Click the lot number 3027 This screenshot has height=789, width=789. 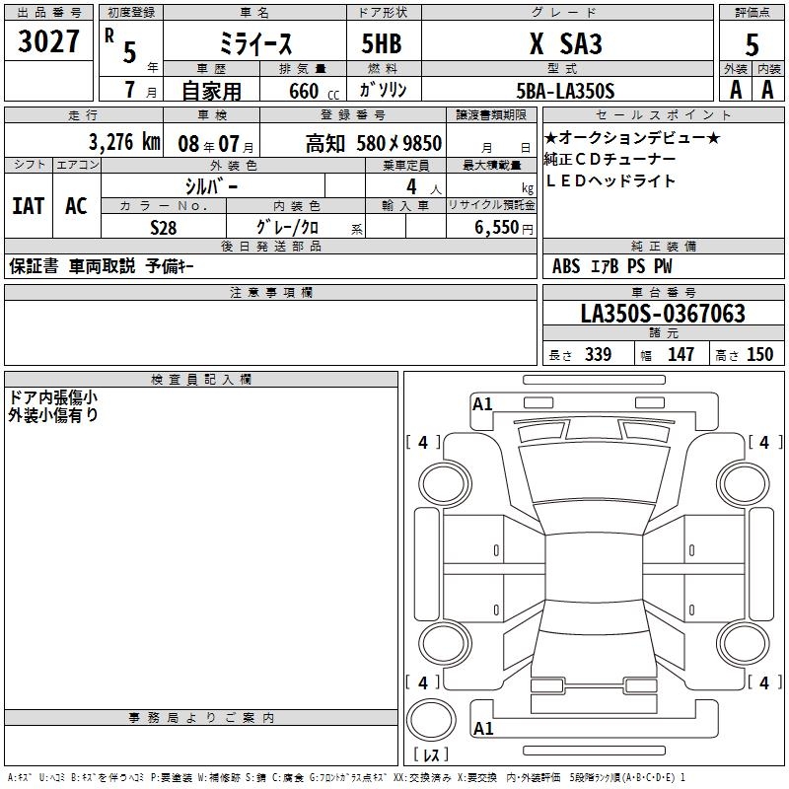(48, 41)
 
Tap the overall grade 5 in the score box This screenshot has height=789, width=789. (752, 44)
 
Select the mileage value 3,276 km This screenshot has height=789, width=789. (124, 142)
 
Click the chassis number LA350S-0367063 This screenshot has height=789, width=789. (663, 313)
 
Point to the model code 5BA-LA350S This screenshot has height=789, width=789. (565, 91)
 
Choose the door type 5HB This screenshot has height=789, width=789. (382, 43)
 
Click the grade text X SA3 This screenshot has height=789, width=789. (565, 43)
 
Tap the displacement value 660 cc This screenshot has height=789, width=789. (314, 91)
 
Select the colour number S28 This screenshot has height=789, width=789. (164, 228)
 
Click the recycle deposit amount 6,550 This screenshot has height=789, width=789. (496, 227)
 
